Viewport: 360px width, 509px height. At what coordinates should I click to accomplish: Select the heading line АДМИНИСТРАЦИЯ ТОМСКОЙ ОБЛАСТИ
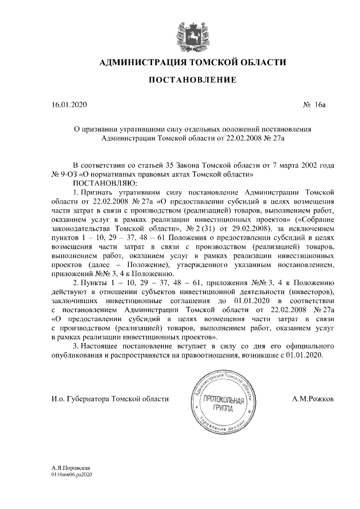pyautogui.click(x=192, y=62)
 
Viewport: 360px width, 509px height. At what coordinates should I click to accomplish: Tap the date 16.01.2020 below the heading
pyautogui.click(x=66, y=105)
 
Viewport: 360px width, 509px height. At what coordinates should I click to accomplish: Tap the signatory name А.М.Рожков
pyautogui.click(x=313, y=399)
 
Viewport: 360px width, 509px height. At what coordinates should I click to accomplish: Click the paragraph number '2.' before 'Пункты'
pyautogui.click(x=77, y=282)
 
